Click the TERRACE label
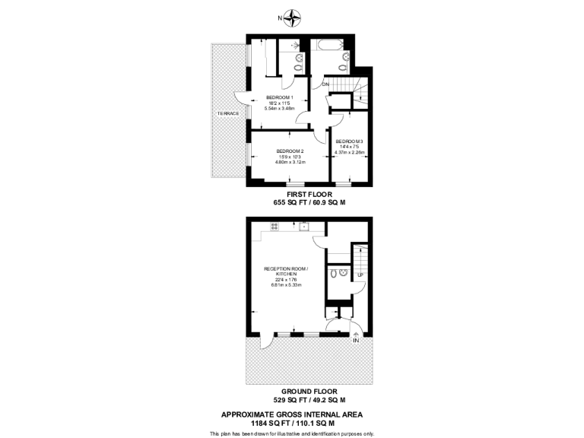[228, 113]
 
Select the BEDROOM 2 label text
[290, 151]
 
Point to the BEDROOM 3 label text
[350, 141]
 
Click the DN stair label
[325, 84]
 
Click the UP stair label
[360, 275]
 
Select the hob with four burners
[274, 226]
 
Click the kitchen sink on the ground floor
[303, 226]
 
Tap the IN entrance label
[355, 341]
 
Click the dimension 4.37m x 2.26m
[350, 152]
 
